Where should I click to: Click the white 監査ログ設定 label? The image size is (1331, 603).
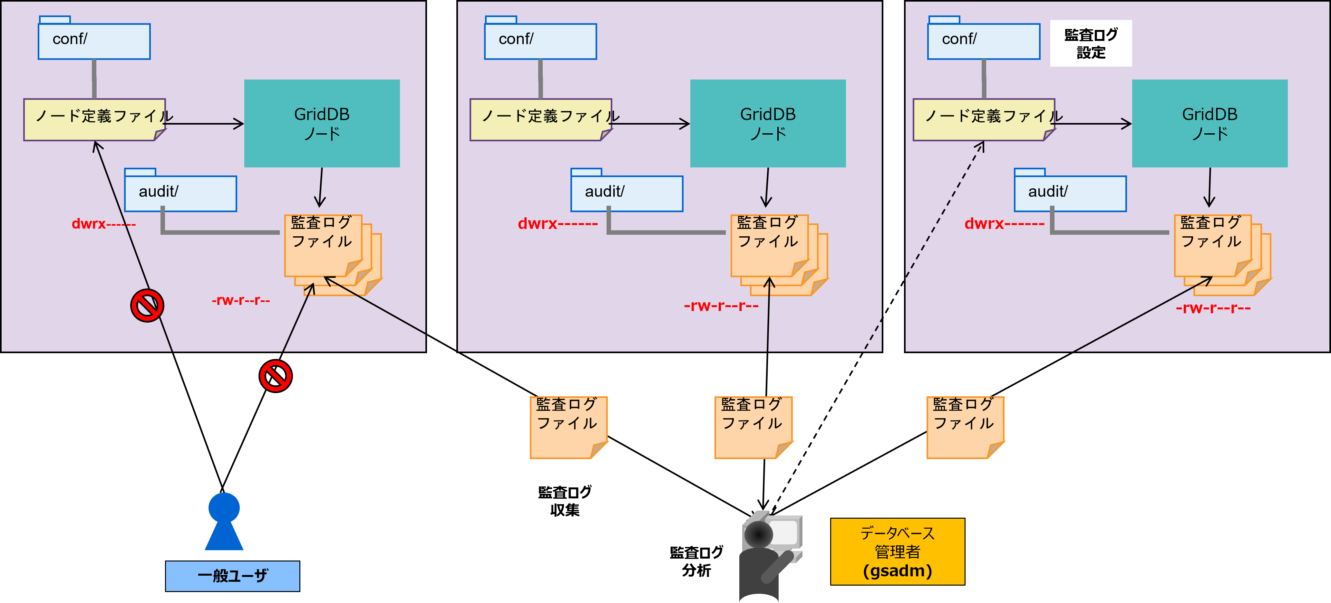click(1090, 43)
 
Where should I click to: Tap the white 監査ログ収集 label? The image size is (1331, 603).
click(565, 501)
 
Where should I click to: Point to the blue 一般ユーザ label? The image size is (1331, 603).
click(232, 576)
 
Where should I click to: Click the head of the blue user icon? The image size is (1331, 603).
click(224, 507)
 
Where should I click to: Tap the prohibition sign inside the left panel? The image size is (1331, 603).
click(147, 306)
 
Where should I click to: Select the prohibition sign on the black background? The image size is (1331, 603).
click(276, 376)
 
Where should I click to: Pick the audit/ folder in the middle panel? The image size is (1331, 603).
click(626, 193)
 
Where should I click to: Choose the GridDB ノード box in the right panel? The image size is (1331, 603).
click(1209, 123)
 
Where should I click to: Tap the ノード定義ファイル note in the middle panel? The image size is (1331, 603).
click(540, 119)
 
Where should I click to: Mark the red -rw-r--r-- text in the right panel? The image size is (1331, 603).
click(1213, 308)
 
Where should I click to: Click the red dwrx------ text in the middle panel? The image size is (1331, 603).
click(558, 223)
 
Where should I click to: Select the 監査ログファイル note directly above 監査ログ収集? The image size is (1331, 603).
click(568, 427)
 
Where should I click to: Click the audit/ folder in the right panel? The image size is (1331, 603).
click(1070, 193)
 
